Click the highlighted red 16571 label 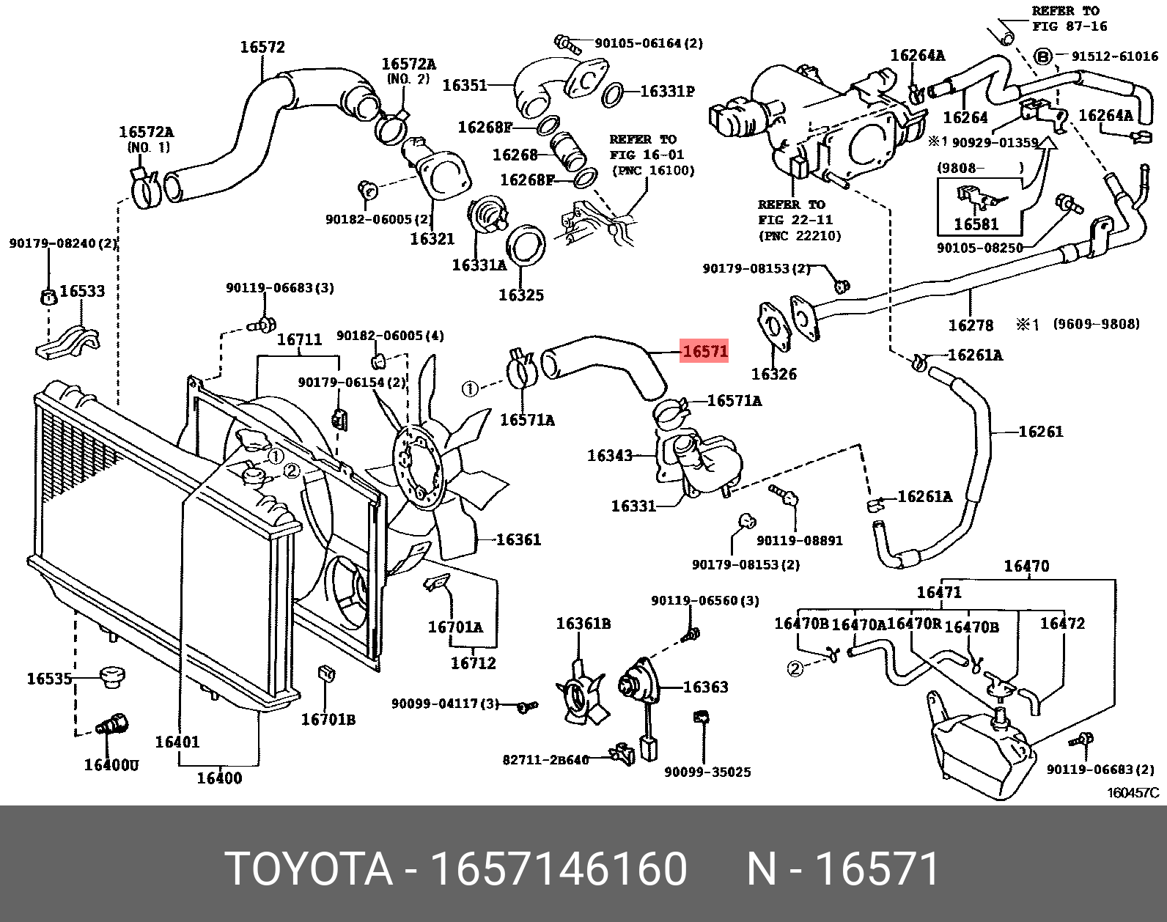point(704,351)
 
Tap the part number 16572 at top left point(262,48)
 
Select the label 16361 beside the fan point(518,540)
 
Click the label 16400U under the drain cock point(111,765)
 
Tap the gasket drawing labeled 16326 point(771,326)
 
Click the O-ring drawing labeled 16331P point(614,94)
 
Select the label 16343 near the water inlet point(609,456)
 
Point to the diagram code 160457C point(1133,793)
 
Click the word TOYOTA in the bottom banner point(309,869)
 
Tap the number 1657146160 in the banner point(559,869)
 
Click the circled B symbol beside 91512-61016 point(1042,56)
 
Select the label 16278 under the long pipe point(971,325)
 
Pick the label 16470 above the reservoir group point(1026,566)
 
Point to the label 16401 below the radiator point(177,742)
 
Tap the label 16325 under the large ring point(521,295)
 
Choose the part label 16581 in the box point(976,224)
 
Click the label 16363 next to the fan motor point(705,687)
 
